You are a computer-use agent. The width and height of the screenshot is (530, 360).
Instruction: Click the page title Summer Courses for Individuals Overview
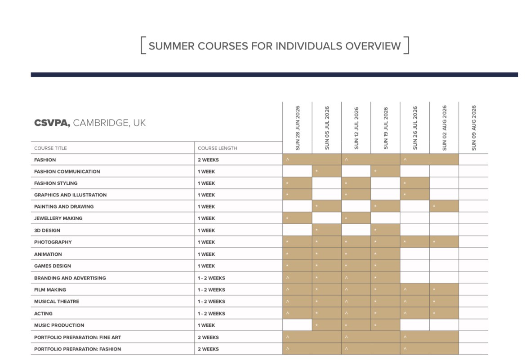point(274,46)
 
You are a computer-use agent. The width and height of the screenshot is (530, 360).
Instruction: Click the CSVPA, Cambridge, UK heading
point(90,123)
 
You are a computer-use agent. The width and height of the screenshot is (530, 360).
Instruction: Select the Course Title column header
point(50,148)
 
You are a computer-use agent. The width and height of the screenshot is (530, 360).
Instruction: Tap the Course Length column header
point(217,148)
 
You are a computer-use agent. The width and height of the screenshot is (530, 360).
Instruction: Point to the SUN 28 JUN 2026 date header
point(298,128)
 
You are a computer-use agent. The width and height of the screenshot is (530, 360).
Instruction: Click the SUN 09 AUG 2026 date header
point(473,128)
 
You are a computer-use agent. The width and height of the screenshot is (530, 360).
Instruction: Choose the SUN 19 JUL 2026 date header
point(386,128)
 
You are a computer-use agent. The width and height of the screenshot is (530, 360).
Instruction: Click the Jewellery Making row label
point(58,218)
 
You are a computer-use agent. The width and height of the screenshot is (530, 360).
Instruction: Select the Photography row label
point(53,242)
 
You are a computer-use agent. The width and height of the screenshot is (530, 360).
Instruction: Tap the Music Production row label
point(59,325)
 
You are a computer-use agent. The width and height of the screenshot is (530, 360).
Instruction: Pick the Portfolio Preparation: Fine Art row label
point(77,337)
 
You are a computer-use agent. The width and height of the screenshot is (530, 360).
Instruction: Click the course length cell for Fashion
point(208,160)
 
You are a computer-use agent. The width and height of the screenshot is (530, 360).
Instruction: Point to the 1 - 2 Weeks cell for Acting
point(211,313)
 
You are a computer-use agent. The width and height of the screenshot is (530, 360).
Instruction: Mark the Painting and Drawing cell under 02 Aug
point(444,207)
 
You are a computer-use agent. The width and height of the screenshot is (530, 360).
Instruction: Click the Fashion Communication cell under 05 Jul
point(327,172)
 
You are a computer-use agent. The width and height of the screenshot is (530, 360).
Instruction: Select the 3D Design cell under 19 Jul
point(385,231)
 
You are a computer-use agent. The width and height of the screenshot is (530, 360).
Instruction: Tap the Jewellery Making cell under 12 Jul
point(356,218)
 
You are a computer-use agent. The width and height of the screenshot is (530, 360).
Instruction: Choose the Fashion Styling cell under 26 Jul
point(415,183)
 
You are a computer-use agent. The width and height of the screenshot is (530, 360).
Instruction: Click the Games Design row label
point(52,266)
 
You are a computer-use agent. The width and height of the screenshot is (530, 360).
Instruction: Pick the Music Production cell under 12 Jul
point(356,325)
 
